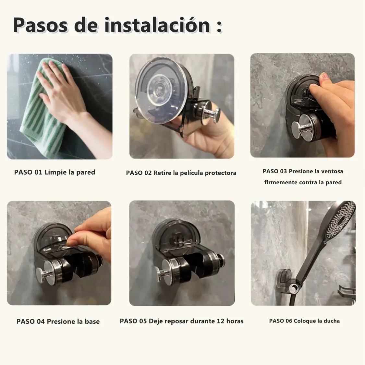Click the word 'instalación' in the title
(158, 25)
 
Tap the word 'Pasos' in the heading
(41, 25)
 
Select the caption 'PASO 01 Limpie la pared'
(55, 172)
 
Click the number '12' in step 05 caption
(221, 321)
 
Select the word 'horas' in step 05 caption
(235, 321)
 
